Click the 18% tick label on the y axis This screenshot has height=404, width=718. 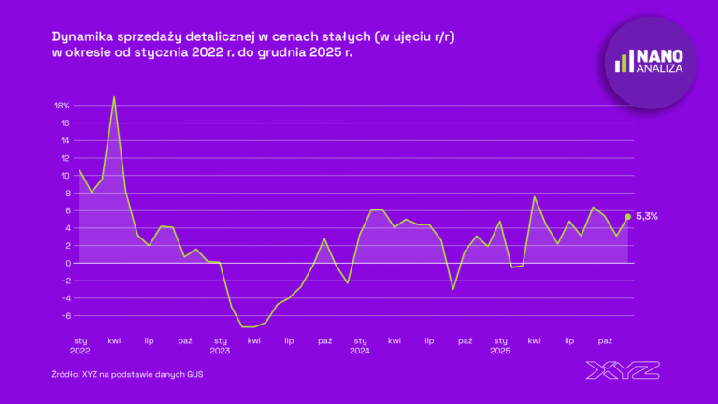pos(62,106)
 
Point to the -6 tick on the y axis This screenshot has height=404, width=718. pos(65,315)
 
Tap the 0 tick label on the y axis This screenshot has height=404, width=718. pos(66,263)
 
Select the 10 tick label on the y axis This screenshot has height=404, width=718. pos(65,176)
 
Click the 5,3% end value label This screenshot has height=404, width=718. pos(647,216)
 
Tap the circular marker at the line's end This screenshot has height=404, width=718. pos(628,216)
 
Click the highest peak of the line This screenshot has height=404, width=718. pos(114,97)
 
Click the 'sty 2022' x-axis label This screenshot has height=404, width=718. pos(79,345)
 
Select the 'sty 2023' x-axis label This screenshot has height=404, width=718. pos(220,345)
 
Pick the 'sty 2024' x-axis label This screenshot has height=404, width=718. pos(360,345)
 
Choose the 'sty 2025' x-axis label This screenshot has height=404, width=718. pos(500,345)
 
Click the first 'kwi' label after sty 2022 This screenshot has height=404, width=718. pos(114,340)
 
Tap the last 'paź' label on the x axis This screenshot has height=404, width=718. pos(605,340)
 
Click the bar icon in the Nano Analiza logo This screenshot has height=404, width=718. pos(622,62)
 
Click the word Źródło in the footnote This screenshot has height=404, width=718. pos(65,375)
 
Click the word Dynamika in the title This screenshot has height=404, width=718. pos(82,36)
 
